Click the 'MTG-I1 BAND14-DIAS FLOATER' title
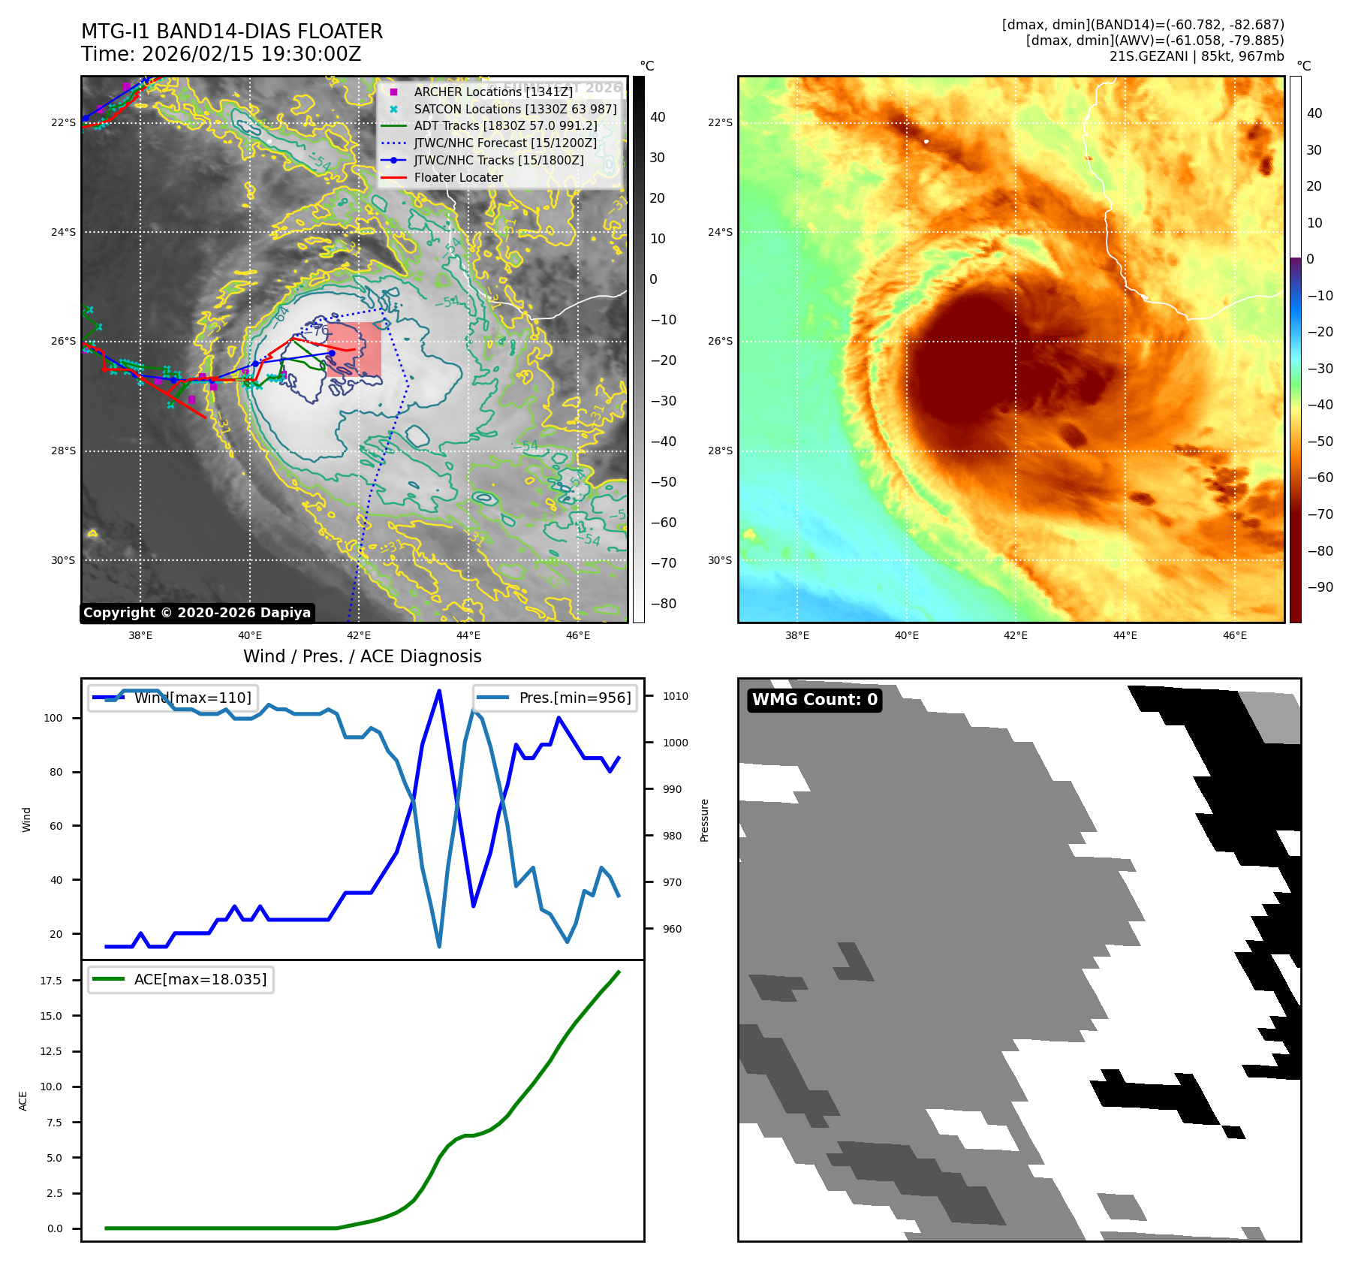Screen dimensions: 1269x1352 click(232, 32)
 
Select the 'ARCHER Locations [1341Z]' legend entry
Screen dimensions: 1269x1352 click(492, 92)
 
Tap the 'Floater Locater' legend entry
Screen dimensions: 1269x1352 click(458, 178)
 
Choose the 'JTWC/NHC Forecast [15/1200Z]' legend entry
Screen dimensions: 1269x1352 click(505, 143)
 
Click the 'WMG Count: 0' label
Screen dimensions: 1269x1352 click(815, 700)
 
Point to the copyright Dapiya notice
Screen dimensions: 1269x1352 click(197, 613)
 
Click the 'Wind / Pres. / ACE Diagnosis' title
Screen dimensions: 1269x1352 click(362, 657)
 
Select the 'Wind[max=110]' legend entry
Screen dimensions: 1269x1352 click(192, 698)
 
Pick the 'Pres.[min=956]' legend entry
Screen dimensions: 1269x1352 click(575, 698)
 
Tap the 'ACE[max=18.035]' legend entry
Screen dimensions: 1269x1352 click(200, 979)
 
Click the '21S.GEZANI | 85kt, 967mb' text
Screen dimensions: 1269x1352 click(1197, 56)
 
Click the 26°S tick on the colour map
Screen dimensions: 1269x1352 click(720, 342)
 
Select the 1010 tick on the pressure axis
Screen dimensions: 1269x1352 click(675, 696)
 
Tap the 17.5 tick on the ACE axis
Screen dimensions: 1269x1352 click(51, 981)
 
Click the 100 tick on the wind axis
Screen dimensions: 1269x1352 click(53, 718)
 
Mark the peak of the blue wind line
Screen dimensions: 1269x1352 click(439, 691)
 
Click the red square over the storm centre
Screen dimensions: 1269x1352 click(354, 350)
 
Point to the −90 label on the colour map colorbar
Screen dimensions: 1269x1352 click(1320, 587)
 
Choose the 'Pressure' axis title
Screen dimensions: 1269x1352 click(704, 820)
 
